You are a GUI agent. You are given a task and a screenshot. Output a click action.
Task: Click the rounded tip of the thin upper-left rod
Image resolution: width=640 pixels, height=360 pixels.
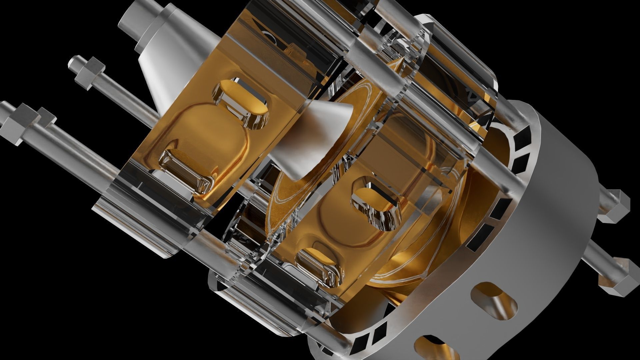pos(71,62)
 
